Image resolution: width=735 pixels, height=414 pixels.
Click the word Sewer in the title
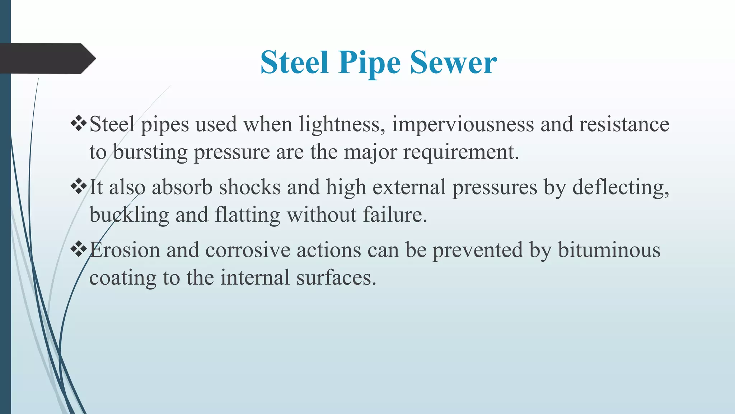(x=454, y=63)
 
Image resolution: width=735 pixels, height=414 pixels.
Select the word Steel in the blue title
(x=294, y=63)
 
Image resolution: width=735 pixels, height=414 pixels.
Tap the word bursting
(x=150, y=152)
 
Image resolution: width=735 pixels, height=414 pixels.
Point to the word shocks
(x=250, y=187)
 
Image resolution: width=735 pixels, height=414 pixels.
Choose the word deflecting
(x=621, y=188)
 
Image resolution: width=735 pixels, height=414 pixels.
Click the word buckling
(x=129, y=215)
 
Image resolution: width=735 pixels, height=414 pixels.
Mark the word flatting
(x=247, y=215)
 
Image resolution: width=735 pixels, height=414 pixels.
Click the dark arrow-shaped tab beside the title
(x=47, y=58)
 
